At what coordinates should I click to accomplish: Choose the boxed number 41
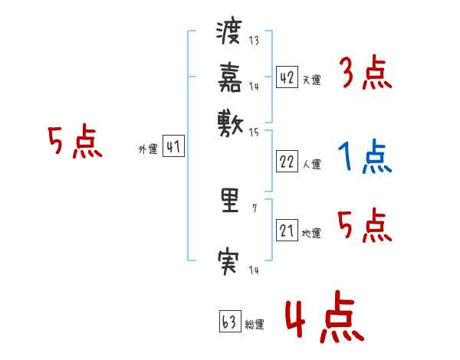pos(174,148)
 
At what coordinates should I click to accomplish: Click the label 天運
pos(311,80)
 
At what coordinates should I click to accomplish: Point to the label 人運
pos(311,164)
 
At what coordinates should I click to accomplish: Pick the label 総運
pos(255,325)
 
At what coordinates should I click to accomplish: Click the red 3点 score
pos(365,75)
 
